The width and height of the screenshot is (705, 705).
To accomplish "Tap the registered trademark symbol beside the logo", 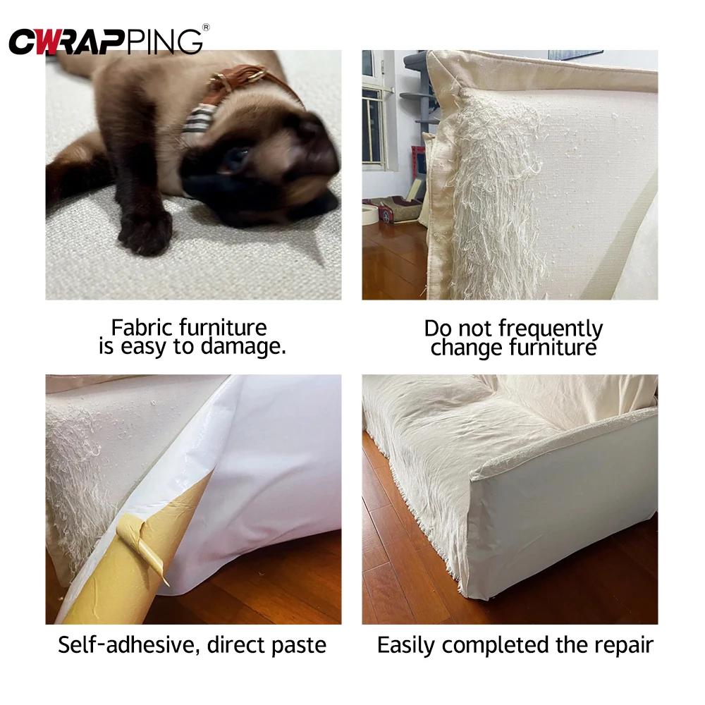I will tap(206, 27).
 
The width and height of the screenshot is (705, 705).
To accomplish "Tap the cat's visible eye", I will tap(234, 160).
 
